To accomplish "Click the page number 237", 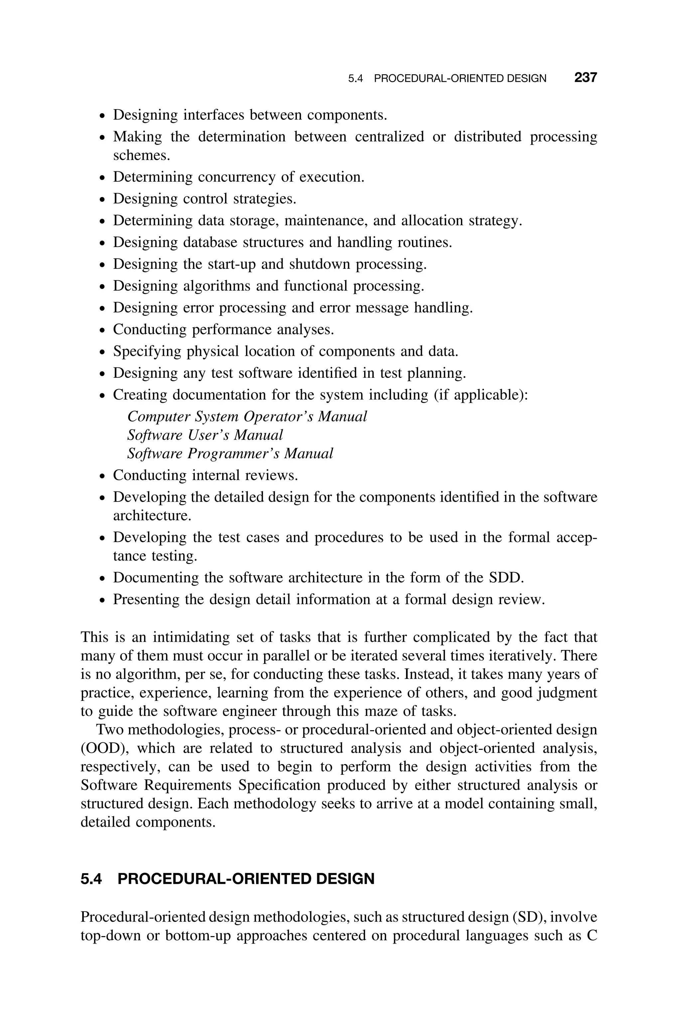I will [586, 78].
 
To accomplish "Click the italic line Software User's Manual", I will [205, 435].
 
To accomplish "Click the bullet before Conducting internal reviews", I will [102, 476].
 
